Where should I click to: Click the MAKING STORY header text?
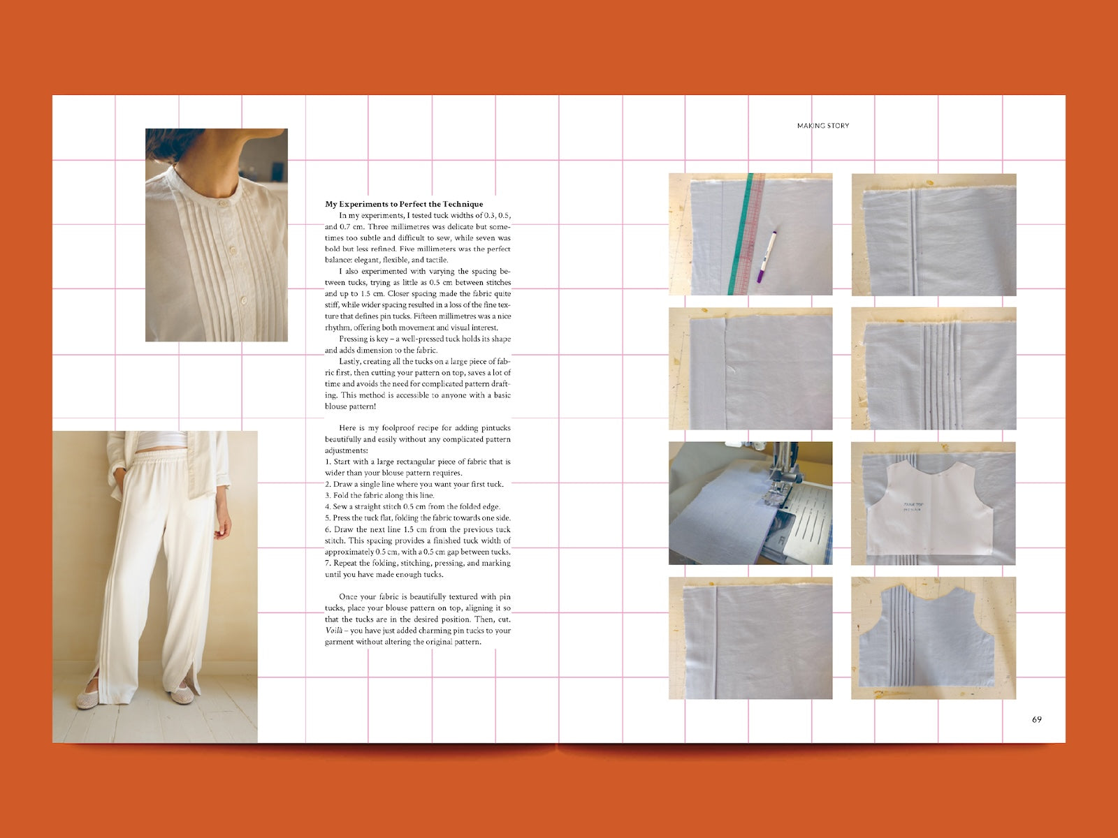pos(823,126)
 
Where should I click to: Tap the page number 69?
pos(1036,719)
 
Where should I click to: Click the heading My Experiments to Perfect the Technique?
pos(404,204)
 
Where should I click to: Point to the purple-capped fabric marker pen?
pos(766,256)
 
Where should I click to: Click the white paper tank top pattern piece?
pos(930,510)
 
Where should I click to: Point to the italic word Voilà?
pos(333,631)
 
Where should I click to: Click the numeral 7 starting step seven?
pos(327,564)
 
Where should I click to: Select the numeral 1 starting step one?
pos(327,462)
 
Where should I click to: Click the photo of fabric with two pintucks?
pos(934,235)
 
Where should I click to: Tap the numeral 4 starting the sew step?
pos(328,507)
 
